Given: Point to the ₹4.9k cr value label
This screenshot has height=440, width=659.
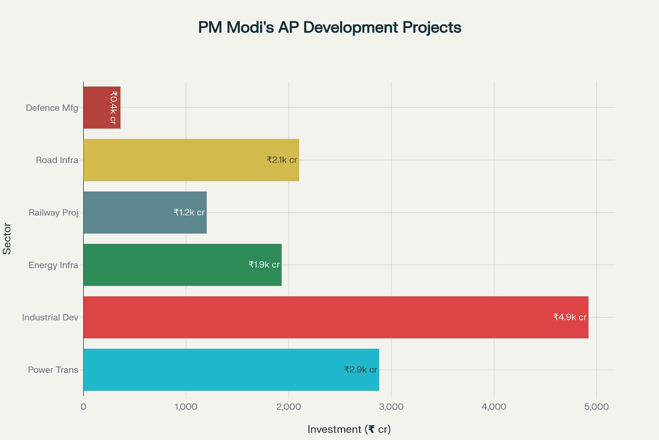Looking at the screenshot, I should point(570,317).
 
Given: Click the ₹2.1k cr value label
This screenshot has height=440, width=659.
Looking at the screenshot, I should point(282,160).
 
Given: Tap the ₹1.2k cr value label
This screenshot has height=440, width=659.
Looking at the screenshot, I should point(189,212).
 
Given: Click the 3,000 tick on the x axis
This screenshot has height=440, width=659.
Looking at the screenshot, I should point(391,407).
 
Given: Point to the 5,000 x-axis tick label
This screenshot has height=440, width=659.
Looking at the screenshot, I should point(596,407).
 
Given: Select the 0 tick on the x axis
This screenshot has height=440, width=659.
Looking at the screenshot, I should point(84,407).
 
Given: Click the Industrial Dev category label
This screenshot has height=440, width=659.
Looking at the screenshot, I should point(50,317).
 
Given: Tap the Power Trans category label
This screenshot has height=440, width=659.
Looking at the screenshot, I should point(53,369).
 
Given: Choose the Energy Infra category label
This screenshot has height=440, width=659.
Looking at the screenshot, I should point(53,265).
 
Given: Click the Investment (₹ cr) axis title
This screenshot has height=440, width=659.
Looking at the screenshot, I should point(349,429).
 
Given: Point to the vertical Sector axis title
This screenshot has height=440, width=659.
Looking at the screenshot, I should point(7,238).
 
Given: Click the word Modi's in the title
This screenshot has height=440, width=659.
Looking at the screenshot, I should point(250,27).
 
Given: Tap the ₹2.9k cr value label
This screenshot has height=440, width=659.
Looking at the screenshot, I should point(360,369).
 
